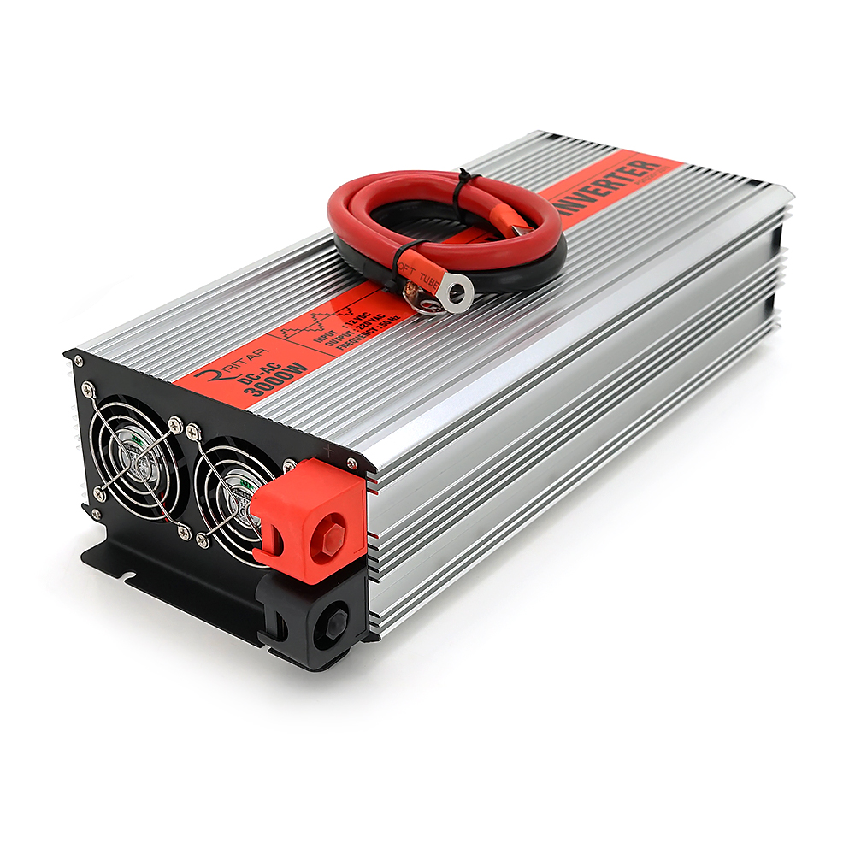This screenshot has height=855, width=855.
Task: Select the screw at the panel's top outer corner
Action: pos(87,389)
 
